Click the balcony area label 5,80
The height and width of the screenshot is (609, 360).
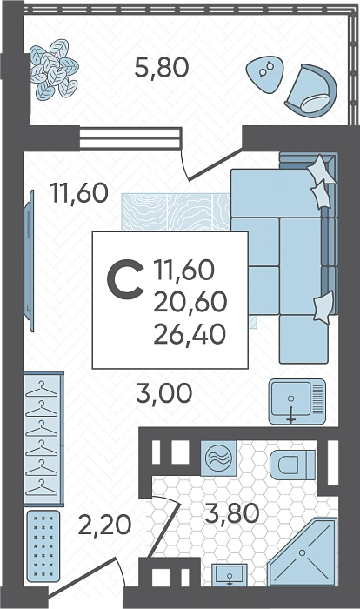click(162, 67)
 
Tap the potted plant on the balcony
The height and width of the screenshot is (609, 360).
click(54, 69)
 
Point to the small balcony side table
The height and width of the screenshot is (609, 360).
click(265, 75)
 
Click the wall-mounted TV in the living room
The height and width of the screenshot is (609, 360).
click(29, 261)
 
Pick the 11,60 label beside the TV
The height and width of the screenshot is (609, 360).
click(79, 193)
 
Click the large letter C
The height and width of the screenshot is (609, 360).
click(125, 280)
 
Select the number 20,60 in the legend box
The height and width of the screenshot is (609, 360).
click(190, 302)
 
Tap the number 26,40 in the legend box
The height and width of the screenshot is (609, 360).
click(190, 334)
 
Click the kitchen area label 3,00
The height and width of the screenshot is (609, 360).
click(163, 392)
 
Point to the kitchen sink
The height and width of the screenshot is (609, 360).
click(297, 401)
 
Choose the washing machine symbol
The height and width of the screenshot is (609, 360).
click(218, 458)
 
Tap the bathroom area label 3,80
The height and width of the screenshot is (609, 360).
click(232, 512)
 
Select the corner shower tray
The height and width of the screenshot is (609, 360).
click(302, 552)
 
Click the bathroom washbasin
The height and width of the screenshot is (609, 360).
click(230, 575)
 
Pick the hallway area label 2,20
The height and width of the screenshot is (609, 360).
click(105, 525)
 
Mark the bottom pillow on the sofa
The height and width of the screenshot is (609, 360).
click(323, 308)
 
